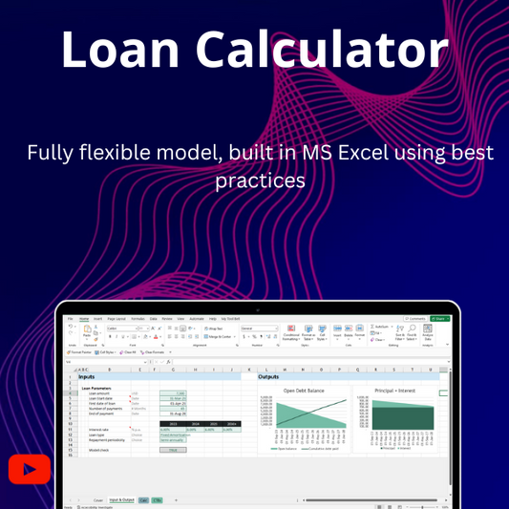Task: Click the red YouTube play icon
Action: [30, 469]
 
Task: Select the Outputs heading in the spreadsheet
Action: [268, 376]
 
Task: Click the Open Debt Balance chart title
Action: [303, 391]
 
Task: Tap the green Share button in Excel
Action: [439, 319]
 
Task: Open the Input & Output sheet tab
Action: [120, 499]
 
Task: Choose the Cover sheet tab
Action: [97, 499]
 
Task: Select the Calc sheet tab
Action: [143, 499]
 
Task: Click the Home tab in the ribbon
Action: [84, 319]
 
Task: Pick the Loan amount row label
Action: [100, 393]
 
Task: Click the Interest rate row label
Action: [99, 430]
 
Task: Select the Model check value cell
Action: [174, 449]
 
